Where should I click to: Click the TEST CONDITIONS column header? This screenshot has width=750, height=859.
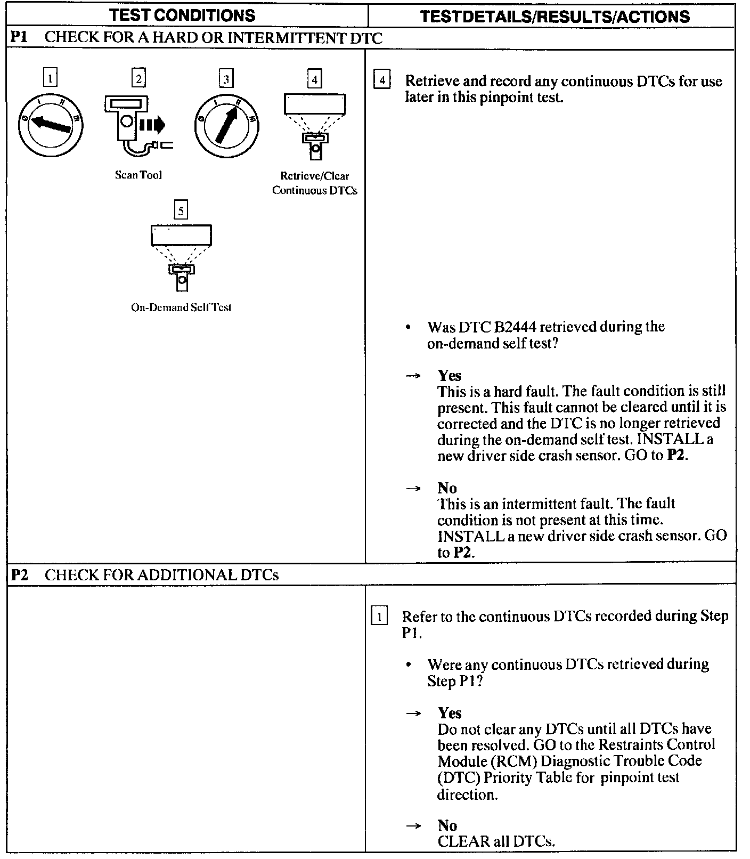tap(183, 15)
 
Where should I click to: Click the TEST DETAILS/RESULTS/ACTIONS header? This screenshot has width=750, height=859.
tap(555, 16)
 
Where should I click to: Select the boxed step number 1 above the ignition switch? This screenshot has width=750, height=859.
tap(50, 79)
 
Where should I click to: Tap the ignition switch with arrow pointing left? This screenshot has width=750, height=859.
tap(51, 125)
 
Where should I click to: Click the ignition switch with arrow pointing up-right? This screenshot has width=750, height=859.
tap(227, 126)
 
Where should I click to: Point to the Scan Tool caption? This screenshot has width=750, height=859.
tap(138, 175)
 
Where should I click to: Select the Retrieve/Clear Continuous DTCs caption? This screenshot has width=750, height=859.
tap(315, 183)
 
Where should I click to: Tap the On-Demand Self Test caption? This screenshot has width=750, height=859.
tap(181, 307)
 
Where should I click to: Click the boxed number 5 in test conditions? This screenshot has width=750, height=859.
tap(181, 210)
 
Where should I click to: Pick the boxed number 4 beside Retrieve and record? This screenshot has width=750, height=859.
tap(382, 80)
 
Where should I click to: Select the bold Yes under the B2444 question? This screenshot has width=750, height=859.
tap(450, 376)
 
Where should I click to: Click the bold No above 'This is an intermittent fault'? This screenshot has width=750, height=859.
tap(447, 488)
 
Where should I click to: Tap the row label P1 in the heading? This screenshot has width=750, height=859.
tap(19, 37)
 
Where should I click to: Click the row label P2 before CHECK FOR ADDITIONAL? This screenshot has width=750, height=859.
tap(20, 575)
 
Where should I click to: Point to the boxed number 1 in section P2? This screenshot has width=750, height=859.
tap(379, 617)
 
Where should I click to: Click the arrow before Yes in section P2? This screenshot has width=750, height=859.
tap(413, 714)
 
